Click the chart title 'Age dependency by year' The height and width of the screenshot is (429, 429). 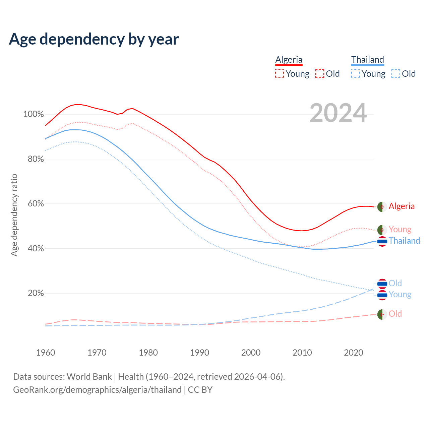click(x=94, y=39)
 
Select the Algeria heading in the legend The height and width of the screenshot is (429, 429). click(x=289, y=60)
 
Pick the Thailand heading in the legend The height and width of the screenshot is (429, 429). click(x=368, y=60)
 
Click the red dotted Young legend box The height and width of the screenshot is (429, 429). click(x=280, y=74)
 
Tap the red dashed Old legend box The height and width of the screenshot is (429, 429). click(x=320, y=74)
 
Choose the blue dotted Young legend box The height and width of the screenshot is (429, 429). click(x=356, y=74)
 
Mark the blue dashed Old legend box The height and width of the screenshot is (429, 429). click(x=396, y=74)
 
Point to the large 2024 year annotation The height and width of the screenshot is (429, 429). click(x=338, y=113)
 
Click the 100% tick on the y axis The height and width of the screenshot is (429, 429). click(x=34, y=114)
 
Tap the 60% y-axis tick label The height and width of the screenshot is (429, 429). click(x=36, y=204)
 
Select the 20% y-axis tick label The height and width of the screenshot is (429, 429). click(x=36, y=293)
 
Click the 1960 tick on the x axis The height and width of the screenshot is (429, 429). click(x=46, y=353)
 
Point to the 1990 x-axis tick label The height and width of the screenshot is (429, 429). click(x=199, y=353)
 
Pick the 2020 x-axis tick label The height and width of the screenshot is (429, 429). click(x=354, y=353)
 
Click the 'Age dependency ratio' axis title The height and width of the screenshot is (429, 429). click(x=14, y=215)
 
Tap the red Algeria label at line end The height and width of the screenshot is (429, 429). click(x=402, y=206)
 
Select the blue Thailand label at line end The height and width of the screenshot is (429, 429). click(x=404, y=241)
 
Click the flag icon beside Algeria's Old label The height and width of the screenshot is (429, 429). click(x=382, y=314)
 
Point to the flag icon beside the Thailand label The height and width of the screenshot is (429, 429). click(x=382, y=241)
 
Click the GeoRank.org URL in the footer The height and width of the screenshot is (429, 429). click(x=97, y=390)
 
